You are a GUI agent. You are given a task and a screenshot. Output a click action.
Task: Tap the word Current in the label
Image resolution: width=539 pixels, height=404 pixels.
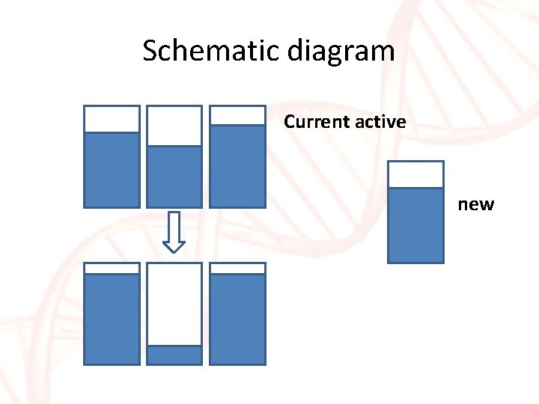(x=314, y=121)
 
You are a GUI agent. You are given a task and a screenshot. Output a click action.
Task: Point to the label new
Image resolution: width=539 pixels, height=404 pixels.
(x=476, y=204)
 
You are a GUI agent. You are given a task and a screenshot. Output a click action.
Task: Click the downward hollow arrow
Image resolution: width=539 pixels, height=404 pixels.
(x=174, y=232)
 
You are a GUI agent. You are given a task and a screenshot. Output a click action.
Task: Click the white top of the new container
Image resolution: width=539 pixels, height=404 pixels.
(x=415, y=174)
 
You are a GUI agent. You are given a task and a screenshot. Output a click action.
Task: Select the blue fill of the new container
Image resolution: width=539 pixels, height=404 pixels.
(x=415, y=224)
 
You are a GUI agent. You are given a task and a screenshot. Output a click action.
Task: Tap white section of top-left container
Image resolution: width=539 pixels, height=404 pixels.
(x=112, y=119)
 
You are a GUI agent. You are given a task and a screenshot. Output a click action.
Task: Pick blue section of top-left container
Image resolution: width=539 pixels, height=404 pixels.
(x=112, y=169)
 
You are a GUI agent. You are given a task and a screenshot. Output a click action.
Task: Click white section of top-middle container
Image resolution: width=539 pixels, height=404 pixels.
(x=174, y=125)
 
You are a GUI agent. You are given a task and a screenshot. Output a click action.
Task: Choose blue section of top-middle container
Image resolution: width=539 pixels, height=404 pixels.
(x=174, y=176)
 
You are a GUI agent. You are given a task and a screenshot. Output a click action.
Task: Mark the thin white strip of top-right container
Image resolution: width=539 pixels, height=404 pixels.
(x=237, y=115)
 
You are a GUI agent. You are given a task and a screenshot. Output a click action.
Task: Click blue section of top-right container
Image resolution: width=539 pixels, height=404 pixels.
(x=237, y=165)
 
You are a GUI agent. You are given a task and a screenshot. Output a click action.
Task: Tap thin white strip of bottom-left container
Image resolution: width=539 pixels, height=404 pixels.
(x=112, y=268)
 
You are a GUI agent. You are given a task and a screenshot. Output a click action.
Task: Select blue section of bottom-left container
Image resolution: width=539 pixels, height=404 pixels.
(x=112, y=319)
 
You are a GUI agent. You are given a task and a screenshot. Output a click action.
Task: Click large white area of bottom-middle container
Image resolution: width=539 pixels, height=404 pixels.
(x=174, y=304)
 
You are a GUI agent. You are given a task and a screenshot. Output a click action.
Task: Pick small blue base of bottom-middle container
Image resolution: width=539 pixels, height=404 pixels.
(x=174, y=355)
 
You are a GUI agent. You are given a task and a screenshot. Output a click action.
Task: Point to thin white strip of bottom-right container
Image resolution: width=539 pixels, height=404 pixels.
(x=237, y=268)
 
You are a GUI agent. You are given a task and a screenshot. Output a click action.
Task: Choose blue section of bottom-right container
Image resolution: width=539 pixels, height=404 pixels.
(x=237, y=319)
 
